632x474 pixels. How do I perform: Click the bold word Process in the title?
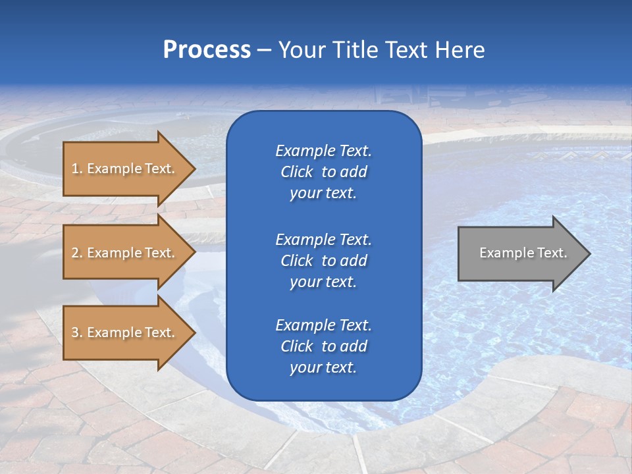(207, 50)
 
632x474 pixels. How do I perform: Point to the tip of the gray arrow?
(589, 253)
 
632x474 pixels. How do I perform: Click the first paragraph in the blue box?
(323, 172)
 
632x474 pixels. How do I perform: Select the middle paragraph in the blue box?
(323, 261)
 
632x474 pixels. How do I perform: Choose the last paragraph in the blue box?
(323, 346)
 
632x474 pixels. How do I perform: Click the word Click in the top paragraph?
(297, 172)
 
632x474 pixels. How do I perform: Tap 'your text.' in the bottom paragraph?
(323, 368)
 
